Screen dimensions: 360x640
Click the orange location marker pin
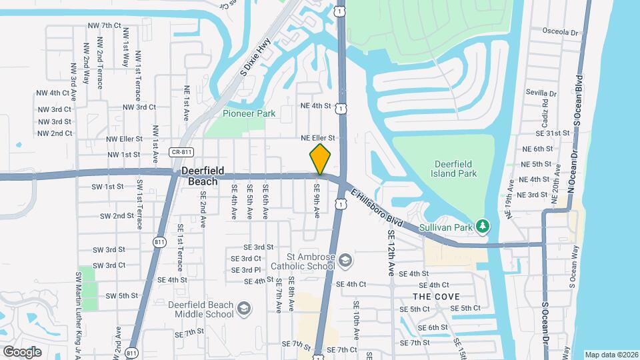[x=320, y=159]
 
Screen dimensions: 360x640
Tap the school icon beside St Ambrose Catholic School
[x=345, y=260]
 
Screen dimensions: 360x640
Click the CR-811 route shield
[x=178, y=152]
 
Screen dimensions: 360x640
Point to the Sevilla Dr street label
[x=541, y=93]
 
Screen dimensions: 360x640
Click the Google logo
[x=22, y=351]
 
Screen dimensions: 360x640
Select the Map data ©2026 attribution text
[x=611, y=355]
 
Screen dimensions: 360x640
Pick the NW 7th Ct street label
[x=104, y=25]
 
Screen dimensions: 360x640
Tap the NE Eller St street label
[x=317, y=138]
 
